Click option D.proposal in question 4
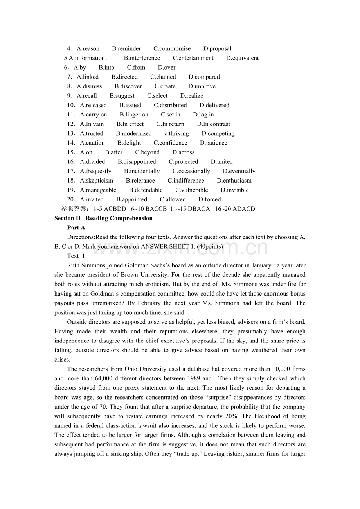(217, 49)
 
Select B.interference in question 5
(142, 58)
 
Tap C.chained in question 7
(163, 77)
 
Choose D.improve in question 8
(202, 86)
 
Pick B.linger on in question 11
(134, 115)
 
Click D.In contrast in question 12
(214, 124)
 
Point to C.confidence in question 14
(170, 143)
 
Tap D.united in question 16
(222, 161)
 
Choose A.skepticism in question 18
(97, 181)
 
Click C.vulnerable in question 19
(192, 190)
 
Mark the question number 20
(71, 199)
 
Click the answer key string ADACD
(244, 209)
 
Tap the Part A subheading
(76, 228)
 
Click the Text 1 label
(76, 256)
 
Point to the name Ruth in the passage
(74, 265)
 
